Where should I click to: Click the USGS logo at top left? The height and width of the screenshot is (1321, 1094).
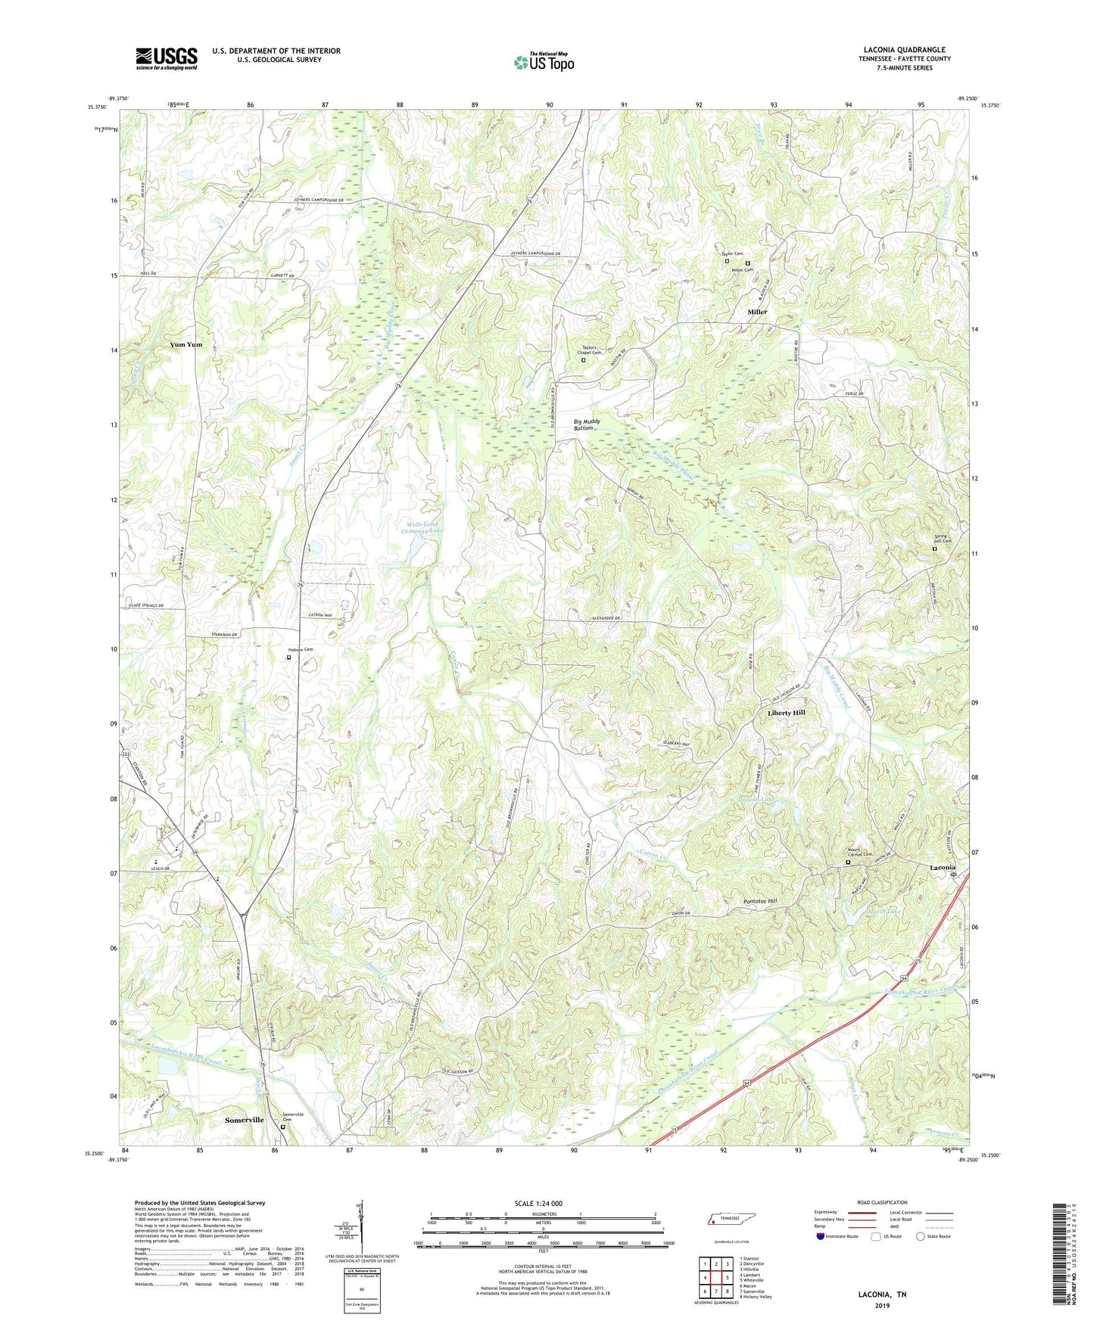point(167,58)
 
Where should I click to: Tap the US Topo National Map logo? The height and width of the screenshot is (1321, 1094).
point(544,62)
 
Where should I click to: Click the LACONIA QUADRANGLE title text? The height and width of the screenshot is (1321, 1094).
point(904,50)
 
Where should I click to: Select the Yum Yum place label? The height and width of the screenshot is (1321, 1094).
point(186,344)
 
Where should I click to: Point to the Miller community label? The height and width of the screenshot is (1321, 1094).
point(757,312)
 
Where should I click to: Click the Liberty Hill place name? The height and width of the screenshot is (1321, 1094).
point(787,713)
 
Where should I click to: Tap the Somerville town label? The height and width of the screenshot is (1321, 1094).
point(245,1119)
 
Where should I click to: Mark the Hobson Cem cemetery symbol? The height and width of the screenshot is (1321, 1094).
point(288,657)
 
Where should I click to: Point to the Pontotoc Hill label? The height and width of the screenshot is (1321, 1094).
point(760,901)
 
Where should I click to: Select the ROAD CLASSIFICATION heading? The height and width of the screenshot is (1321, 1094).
point(882,1202)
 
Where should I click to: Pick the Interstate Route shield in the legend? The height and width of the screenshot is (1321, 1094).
point(821,1236)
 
